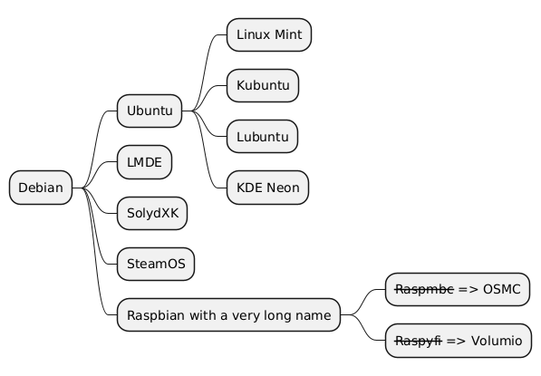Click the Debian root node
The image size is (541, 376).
coord(41,188)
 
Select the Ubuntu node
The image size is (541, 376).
coord(150,111)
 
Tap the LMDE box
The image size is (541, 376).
coord(144,162)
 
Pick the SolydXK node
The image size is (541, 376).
coord(152,213)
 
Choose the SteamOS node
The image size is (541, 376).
coord(156,264)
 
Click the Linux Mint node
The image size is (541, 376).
coord(269,34)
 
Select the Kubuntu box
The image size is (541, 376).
coord(263,85)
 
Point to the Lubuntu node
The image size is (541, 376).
coord(262,137)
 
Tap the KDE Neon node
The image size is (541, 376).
coord(267,188)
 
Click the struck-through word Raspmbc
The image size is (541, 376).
coord(424,289)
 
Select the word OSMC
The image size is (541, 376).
coord(502,289)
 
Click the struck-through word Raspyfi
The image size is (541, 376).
coord(419,341)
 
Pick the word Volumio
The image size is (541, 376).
coord(497,341)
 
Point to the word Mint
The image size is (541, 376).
coord(288,34)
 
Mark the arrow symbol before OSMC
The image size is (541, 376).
coord(469,290)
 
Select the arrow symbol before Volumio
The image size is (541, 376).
coord(457,342)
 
